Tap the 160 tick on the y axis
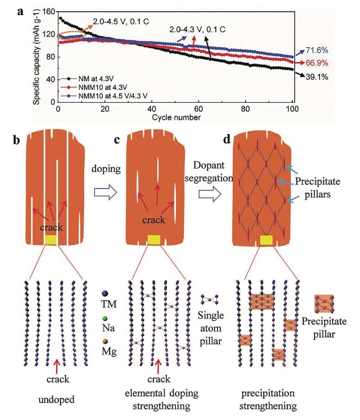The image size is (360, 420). click(x=49, y=11)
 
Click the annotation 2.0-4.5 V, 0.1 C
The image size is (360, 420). click(x=120, y=22)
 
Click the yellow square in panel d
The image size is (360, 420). click(x=265, y=240)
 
